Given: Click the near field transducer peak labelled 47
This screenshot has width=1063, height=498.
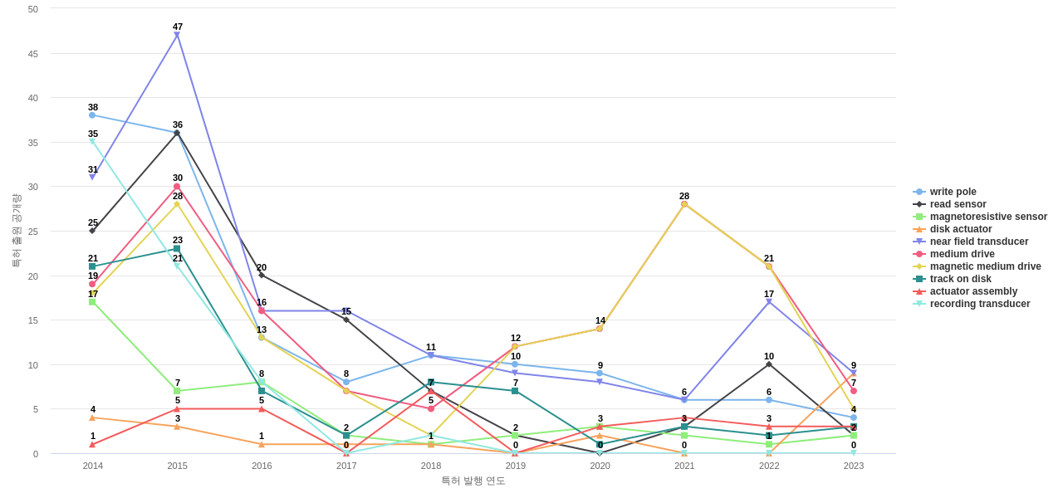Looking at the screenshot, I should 177,36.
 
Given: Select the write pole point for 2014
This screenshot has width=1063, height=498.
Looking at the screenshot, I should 92,115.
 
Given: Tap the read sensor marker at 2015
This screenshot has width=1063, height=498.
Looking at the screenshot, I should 177,133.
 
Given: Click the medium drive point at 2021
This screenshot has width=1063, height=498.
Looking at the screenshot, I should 684,204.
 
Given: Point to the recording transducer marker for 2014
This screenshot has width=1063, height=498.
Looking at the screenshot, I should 92,142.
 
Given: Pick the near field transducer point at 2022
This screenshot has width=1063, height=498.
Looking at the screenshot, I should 769,302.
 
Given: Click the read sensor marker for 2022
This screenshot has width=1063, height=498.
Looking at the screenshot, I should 769,364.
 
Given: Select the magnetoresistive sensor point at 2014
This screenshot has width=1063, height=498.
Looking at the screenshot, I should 92,302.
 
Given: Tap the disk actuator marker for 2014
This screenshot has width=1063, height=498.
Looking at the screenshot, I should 92,417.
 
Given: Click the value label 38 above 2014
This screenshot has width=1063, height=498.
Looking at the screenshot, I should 93,107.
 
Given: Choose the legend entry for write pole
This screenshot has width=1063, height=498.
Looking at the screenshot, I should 953,192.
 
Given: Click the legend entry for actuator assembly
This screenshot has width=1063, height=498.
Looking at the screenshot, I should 973,291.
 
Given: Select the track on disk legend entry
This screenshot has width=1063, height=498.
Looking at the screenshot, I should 960,279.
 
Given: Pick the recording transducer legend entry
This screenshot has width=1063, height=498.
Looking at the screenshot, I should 980,304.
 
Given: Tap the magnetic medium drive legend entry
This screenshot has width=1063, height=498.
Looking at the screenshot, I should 985,266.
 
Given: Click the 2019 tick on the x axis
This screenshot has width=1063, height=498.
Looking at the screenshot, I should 516,466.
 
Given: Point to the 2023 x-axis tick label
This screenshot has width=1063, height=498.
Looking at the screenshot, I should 854,466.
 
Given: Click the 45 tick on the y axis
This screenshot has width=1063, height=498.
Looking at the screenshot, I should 33,54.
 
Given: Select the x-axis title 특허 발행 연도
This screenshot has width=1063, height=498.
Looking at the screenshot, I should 473,481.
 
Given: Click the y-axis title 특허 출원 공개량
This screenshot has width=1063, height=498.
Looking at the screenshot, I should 16,231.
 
